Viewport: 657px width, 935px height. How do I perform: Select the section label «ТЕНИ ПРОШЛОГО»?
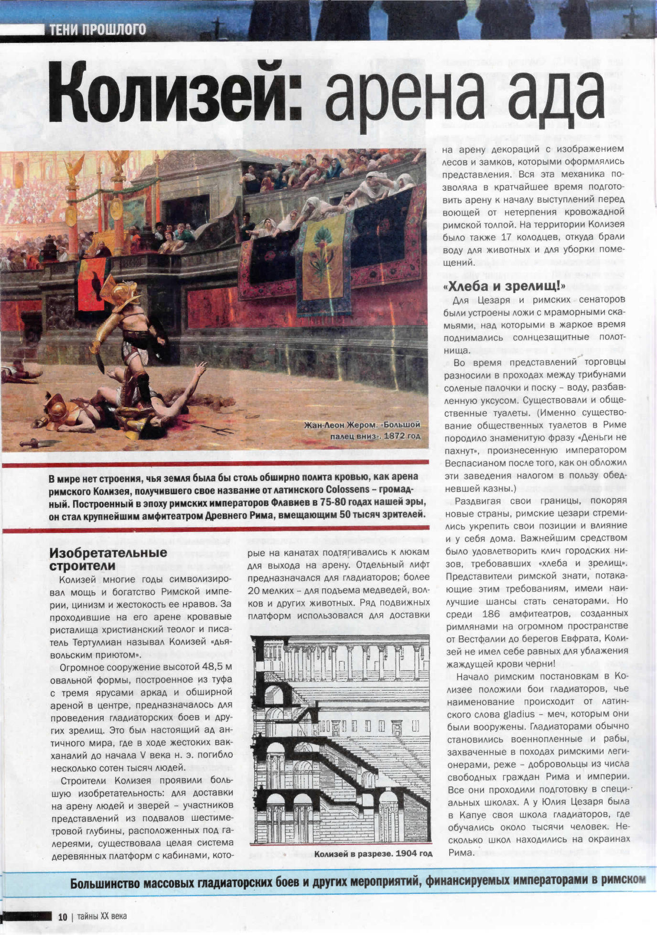pos(98,30)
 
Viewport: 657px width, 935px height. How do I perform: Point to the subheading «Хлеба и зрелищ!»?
pos(505,286)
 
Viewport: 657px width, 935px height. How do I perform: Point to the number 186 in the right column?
pos(490,614)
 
